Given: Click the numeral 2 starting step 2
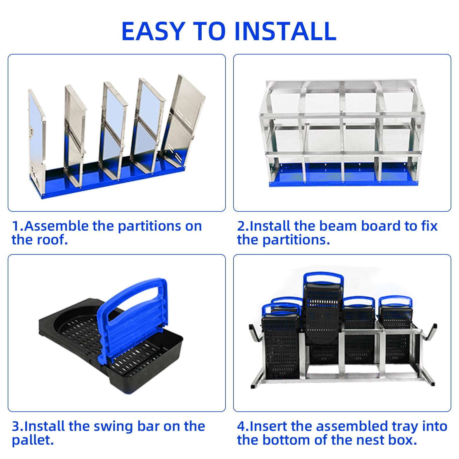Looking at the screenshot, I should [241, 226].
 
